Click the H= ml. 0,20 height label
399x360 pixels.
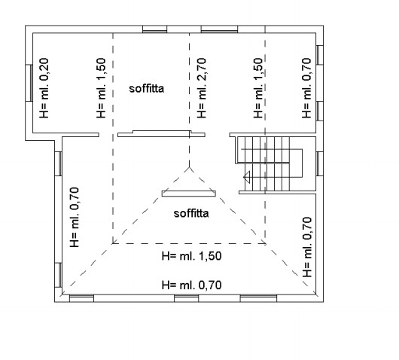pos(44,88)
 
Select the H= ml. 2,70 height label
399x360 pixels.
pos(202,88)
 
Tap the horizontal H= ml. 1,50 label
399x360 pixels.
pos(192,256)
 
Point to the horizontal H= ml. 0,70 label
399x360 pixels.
pos(192,285)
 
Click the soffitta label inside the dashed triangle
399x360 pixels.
pos(191,213)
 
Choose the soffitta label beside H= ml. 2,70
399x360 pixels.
pos(147,88)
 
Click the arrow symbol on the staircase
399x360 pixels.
pos(247,176)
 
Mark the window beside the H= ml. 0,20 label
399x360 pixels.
pos(29,83)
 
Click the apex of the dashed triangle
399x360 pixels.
pos(189,167)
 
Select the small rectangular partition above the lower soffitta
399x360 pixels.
pos(189,194)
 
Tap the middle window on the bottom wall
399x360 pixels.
pos(186,298)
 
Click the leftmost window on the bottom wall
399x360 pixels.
pos(82,298)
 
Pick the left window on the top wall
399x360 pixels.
pos(155,29)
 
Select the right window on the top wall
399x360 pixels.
pos(219,29)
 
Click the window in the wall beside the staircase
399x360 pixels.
pos(320,163)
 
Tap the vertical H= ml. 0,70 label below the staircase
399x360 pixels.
pos(307,247)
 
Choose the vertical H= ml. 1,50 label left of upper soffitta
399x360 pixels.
pos(101,88)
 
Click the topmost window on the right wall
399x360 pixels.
pos(320,55)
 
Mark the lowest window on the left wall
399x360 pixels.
pos(58,275)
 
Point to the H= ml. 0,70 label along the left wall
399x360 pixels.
pos(75,217)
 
